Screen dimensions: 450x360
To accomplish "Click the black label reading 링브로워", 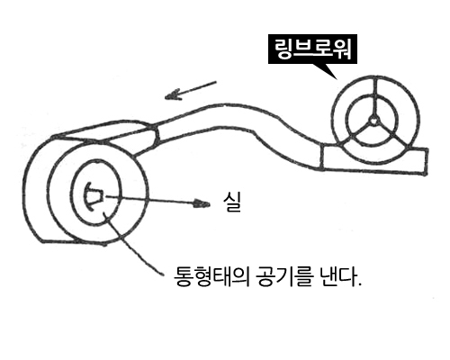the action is [x=312, y=49].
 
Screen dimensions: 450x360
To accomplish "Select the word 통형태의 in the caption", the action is [x=211, y=276].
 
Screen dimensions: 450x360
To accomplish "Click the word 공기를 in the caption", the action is [x=280, y=276].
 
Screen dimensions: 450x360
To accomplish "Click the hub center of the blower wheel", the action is [x=373, y=121].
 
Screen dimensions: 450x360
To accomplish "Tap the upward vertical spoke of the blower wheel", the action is [x=374, y=97].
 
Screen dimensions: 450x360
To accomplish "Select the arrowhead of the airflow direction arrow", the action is [x=174, y=94].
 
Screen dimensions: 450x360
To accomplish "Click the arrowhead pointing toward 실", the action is [x=202, y=204].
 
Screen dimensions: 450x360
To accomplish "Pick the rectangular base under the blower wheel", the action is [x=374, y=160].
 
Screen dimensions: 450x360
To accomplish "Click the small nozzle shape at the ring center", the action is [x=94, y=196].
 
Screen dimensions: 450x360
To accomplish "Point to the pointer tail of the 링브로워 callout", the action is [x=328, y=71].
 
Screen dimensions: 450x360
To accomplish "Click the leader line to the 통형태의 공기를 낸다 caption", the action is [x=132, y=243].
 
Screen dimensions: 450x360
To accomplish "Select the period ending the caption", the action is [x=359, y=284].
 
